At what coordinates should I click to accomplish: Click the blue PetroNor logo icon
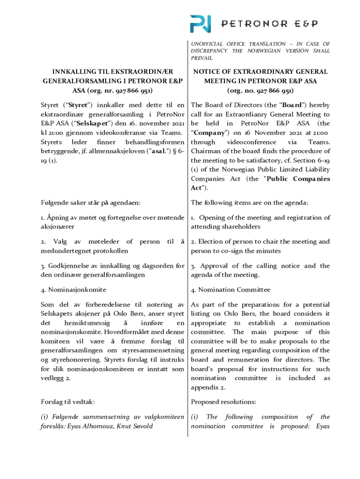[200, 23]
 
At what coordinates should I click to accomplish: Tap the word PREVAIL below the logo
[202, 58]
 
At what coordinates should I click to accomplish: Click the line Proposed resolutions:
[223, 401]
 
